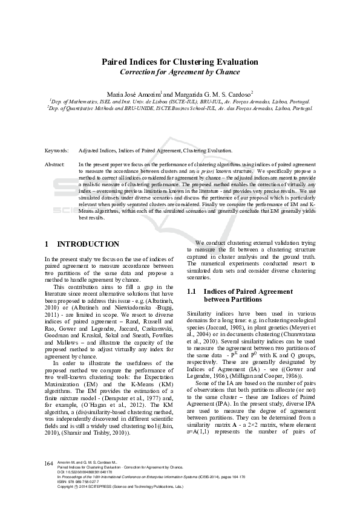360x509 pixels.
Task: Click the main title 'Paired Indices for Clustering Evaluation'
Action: click(179, 62)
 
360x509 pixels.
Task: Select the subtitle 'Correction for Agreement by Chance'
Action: click(179, 72)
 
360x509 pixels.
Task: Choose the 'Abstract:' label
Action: click(55, 164)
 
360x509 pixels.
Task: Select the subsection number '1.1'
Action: click(192, 291)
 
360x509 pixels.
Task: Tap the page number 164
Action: click(50, 479)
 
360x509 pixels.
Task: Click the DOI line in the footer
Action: click(85, 488)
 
